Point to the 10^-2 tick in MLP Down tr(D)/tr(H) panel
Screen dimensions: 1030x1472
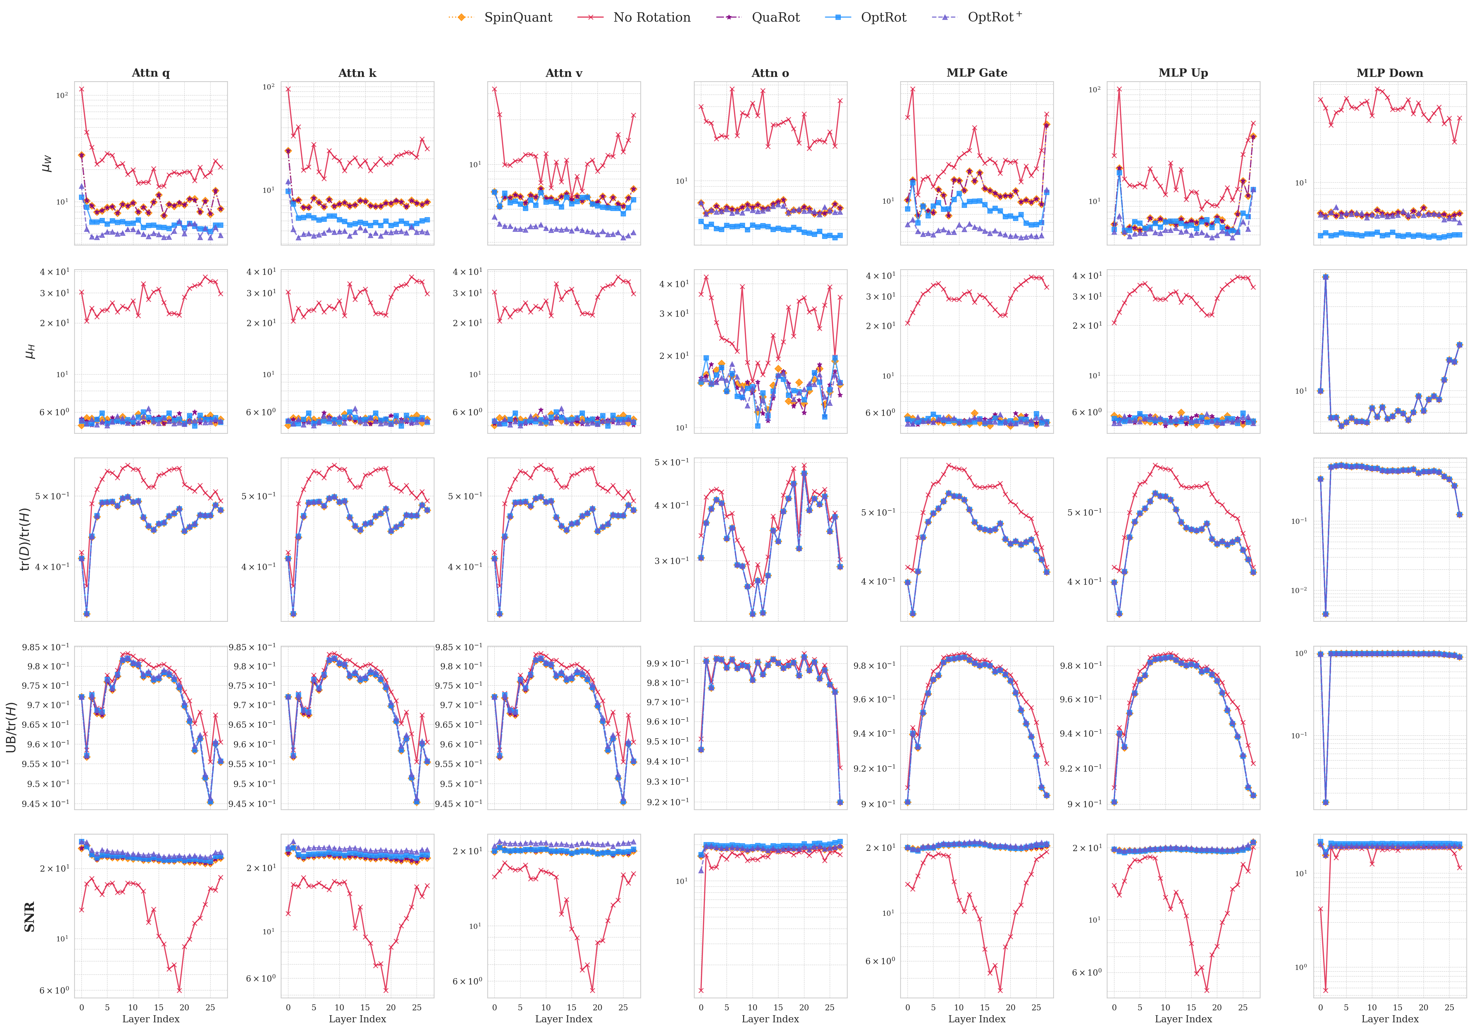tap(1298, 590)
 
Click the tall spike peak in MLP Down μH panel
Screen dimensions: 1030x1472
tap(1325, 277)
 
